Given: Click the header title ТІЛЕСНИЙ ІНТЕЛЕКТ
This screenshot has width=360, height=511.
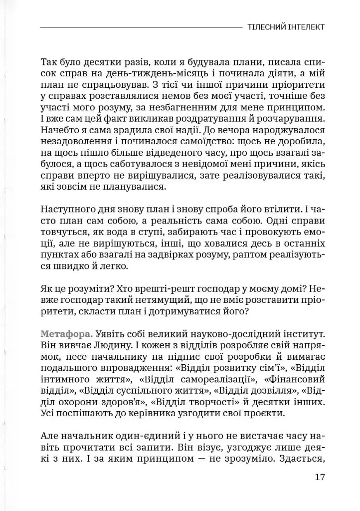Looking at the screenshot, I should pos(286,26).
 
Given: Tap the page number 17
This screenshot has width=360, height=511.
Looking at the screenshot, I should pos(320,477).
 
